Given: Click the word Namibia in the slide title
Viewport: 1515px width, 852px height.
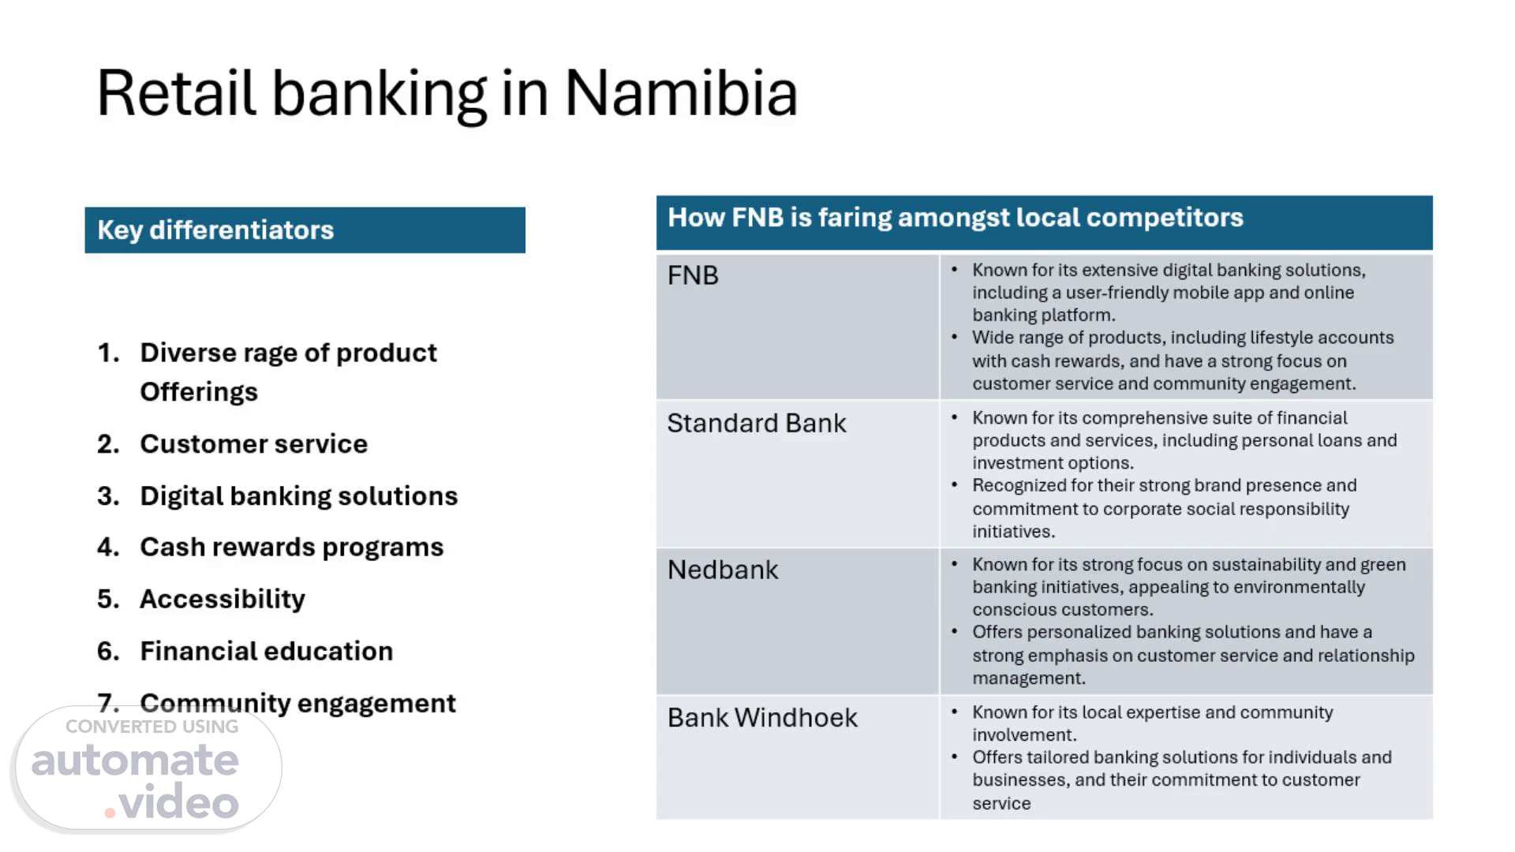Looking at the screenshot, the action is (681, 93).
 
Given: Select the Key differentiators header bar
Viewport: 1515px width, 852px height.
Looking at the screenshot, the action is (305, 230).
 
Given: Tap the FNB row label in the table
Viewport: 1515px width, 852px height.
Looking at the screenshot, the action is (693, 275).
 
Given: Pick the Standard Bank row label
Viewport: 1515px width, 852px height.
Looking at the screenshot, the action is (757, 423).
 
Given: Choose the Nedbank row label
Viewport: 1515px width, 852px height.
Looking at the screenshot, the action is (723, 570).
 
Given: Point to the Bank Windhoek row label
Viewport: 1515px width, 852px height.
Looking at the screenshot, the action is (762, 717).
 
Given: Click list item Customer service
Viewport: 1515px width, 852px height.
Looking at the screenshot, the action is (253, 443).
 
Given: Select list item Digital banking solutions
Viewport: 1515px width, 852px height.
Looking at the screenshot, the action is (298, 495).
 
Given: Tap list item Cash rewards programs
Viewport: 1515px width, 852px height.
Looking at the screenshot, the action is (291, 547).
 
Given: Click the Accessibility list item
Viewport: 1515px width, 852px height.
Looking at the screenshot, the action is (222, 599).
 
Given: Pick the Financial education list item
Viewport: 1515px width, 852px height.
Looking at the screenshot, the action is (266, 651).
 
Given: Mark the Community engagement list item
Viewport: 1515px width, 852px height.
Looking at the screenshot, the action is (297, 703).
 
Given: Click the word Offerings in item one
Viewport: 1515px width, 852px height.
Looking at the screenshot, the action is (199, 392).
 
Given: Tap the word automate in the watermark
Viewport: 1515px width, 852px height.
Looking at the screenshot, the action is (135, 760).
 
